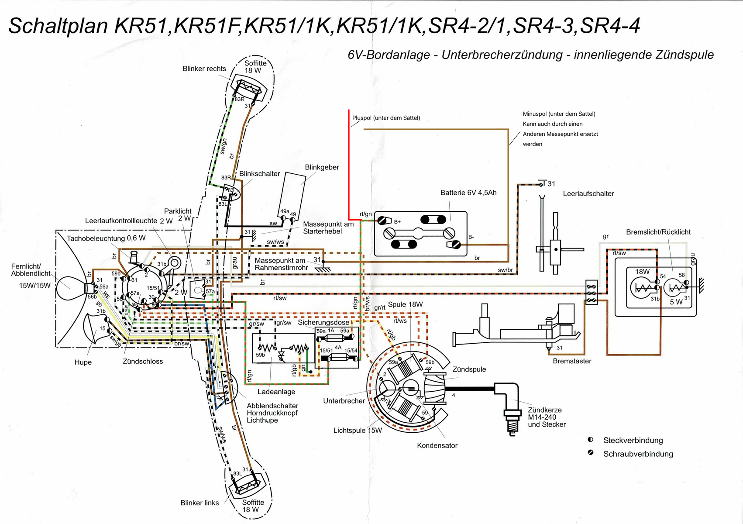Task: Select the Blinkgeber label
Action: [x=322, y=167]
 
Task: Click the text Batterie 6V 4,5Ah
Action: [x=468, y=193]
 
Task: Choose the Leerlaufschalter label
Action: [x=588, y=193]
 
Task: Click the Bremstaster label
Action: [x=572, y=361]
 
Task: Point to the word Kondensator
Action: [x=437, y=445]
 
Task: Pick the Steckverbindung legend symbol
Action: [x=591, y=439]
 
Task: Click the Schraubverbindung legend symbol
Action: [x=591, y=453]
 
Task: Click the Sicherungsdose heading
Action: [x=323, y=322]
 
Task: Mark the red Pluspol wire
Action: [x=349, y=166]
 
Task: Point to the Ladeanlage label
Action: [x=276, y=392]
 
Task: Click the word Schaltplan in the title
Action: [x=58, y=26]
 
